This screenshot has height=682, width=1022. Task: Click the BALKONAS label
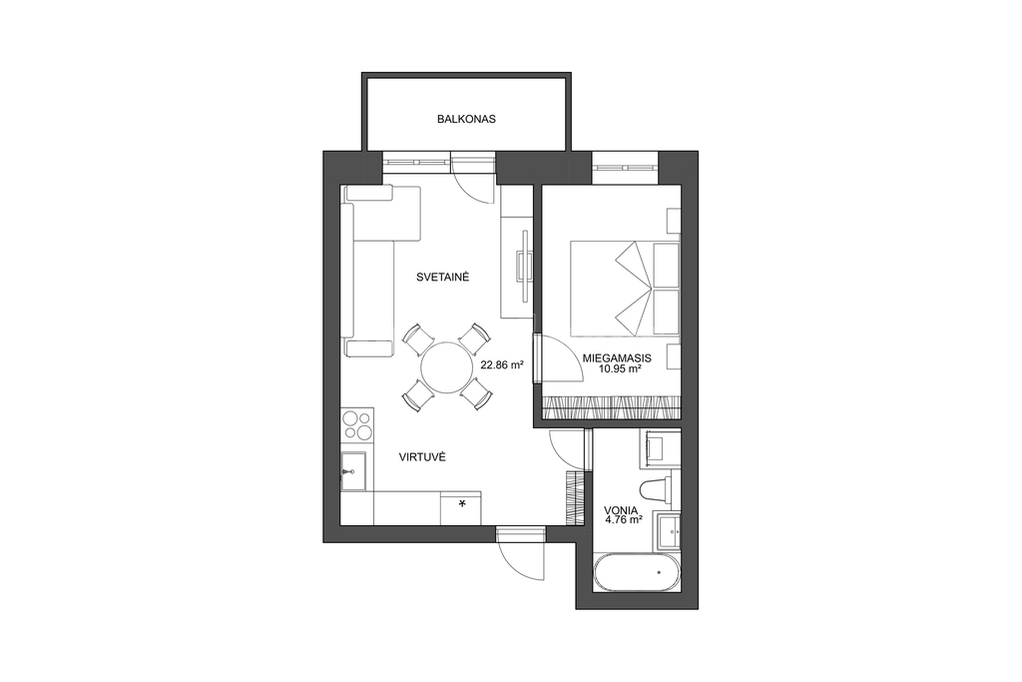point(467,119)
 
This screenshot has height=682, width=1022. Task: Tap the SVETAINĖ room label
point(443,278)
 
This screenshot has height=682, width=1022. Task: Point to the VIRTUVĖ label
point(422,457)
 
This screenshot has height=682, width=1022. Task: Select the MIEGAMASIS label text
point(617,358)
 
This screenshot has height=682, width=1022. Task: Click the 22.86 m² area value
point(503,365)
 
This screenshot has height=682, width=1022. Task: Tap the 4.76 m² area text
point(624,520)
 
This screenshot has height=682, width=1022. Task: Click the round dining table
point(446,367)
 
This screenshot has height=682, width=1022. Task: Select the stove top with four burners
point(357,423)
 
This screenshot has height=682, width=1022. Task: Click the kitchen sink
point(353,470)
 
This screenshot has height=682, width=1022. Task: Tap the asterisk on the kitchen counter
point(463,503)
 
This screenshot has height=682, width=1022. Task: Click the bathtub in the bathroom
point(637,573)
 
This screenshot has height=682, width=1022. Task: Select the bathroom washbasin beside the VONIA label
point(670,532)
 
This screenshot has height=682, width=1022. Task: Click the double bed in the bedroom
point(625,289)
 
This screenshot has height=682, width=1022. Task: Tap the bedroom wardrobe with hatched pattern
point(612,407)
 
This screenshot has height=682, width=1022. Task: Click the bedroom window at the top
point(625,161)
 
